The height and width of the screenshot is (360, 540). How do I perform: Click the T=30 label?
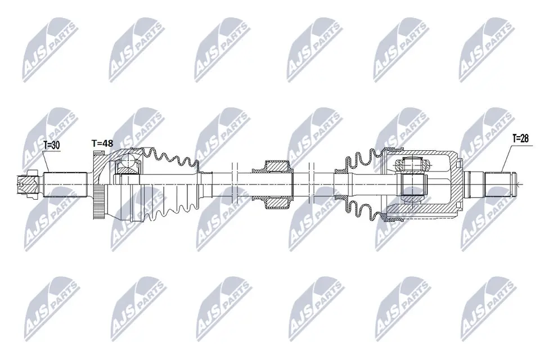pos(52,145)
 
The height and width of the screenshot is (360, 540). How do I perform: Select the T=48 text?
pos(102,143)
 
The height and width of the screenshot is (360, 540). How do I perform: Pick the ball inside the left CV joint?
pos(128,164)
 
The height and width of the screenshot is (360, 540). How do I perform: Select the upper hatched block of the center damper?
pos(277,167)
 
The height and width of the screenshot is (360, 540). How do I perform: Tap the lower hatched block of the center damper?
pos(277,201)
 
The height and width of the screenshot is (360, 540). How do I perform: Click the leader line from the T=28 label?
pos(506,157)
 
